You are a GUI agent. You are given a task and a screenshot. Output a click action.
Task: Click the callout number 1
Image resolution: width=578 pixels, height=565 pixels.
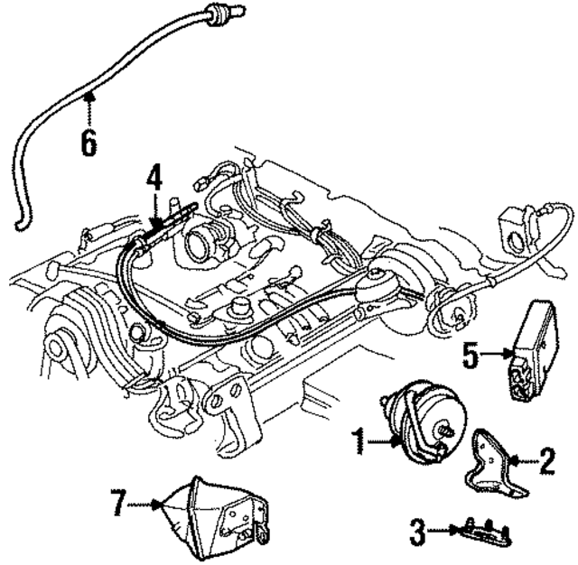click(x=359, y=441)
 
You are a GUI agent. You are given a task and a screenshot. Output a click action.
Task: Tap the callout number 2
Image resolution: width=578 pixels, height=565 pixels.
click(x=545, y=463)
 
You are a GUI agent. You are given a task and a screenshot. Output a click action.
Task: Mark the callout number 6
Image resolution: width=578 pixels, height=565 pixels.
click(x=89, y=142)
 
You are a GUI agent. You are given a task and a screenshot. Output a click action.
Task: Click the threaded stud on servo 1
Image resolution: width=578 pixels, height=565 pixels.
click(x=445, y=431)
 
